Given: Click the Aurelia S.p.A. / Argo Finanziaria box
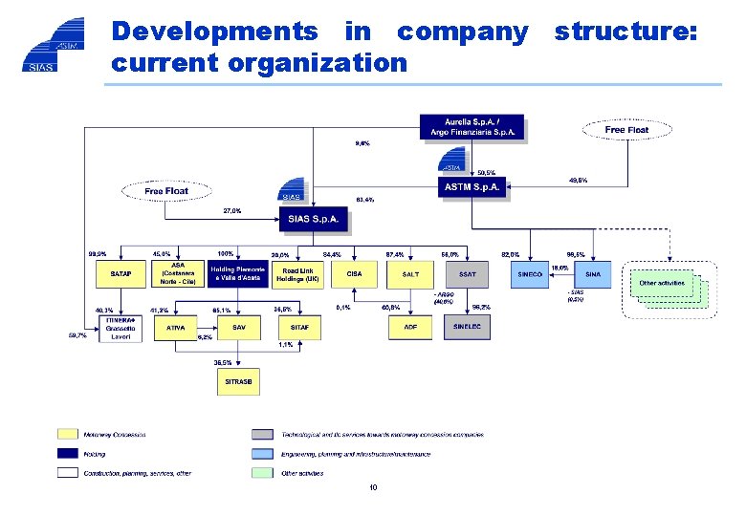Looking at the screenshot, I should coord(472,126).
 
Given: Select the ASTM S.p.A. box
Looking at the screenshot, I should coord(472,188).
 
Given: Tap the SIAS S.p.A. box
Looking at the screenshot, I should coord(313,221).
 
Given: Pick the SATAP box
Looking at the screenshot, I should coord(121,274).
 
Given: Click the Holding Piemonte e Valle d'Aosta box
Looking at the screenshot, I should coord(239,274).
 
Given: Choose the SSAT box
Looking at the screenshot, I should coord(467,274).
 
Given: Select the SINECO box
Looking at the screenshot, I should coord(529,274).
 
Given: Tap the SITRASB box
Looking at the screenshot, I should coord(238,381).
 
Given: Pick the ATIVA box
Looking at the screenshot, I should coord(176,328).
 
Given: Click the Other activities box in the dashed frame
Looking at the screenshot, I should coord(662,283).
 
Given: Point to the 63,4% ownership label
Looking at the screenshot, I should coord(364,200).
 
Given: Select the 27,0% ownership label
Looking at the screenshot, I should coord(231,210).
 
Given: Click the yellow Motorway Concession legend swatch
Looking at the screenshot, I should coord(67,435).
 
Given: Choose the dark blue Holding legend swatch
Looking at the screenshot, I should coord(67,454).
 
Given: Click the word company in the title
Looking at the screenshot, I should coord(462,32).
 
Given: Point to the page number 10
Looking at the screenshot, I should coord(373,487).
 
